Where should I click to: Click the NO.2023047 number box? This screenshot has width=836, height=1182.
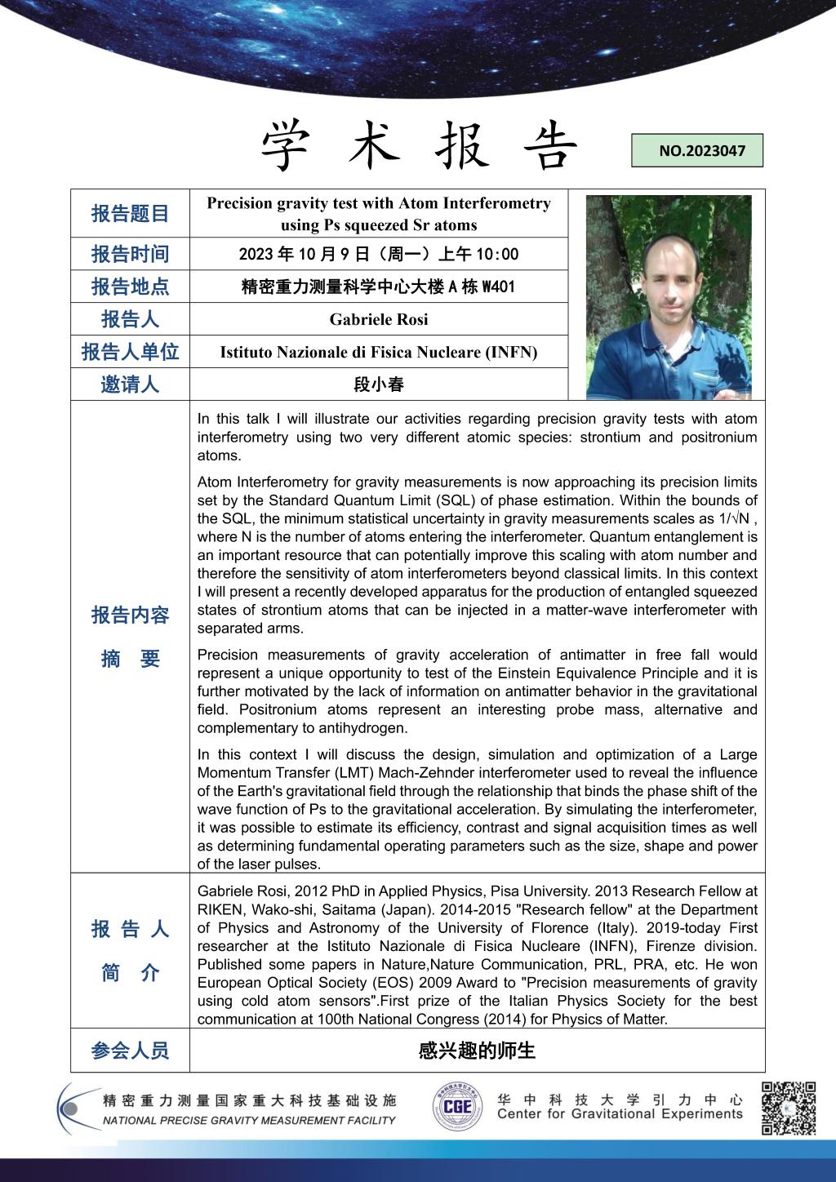click(697, 151)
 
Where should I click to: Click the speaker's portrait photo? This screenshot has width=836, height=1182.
click(669, 297)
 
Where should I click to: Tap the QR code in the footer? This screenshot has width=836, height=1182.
click(789, 1108)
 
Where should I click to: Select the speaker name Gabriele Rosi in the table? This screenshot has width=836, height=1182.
click(379, 319)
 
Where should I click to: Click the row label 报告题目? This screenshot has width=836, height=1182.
click(130, 214)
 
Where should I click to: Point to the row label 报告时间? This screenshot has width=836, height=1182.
click(130, 254)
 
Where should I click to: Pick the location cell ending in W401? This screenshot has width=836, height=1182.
click(379, 287)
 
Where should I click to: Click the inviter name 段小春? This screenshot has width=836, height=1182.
click(379, 384)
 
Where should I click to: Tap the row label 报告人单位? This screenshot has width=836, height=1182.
click(130, 352)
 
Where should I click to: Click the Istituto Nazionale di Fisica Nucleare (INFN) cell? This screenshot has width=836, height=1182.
click(379, 352)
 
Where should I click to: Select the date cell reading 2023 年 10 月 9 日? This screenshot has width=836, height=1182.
click(379, 254)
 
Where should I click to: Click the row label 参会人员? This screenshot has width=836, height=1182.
click(130, 1051)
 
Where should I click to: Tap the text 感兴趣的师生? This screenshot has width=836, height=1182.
click(477, 1051)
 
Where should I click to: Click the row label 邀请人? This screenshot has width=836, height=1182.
click(130, 384)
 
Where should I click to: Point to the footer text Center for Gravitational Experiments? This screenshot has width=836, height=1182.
click(620, 1114)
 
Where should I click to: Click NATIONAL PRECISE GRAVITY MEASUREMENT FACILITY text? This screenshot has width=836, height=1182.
click(249, 1121)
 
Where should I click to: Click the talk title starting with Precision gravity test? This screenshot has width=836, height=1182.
click(379, 214)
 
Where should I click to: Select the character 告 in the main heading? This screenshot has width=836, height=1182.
click(550, 146)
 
